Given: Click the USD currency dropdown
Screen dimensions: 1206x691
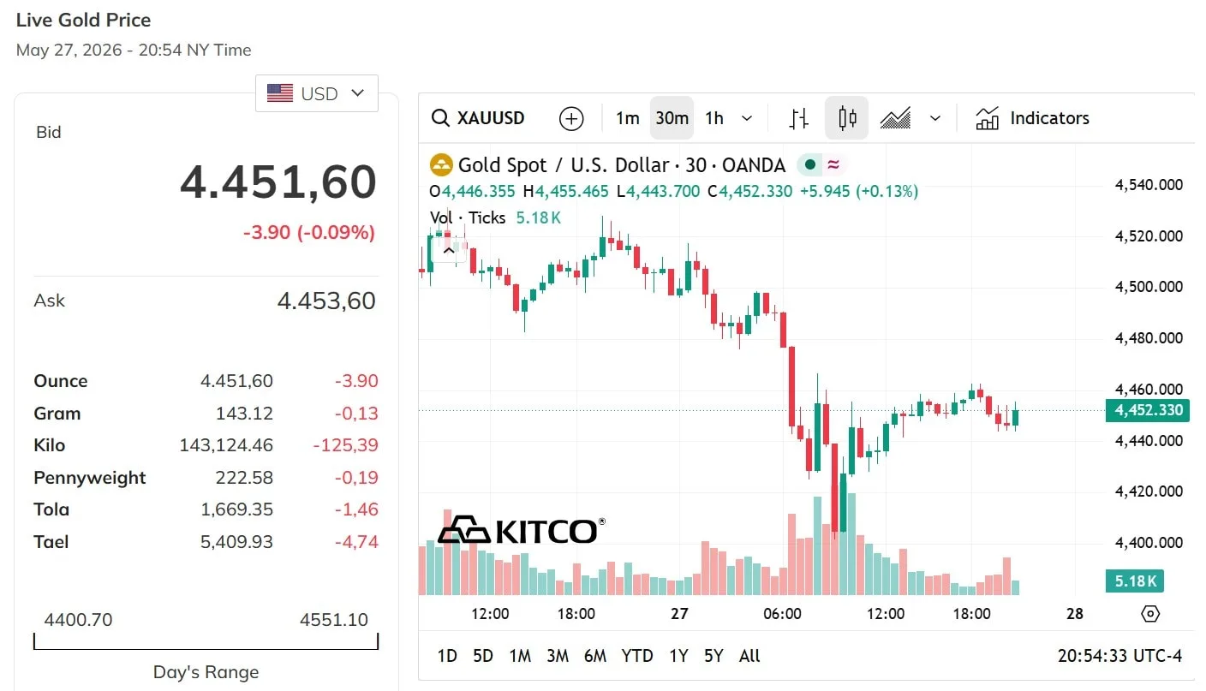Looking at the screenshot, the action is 317,93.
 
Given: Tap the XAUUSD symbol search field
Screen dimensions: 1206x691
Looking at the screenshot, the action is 478,118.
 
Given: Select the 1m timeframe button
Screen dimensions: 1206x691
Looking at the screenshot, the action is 627,118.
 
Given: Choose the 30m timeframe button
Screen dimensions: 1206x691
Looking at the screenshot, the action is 672,118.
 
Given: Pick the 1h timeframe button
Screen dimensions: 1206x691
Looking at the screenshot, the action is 714,118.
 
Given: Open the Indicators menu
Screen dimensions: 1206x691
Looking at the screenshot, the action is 1033,118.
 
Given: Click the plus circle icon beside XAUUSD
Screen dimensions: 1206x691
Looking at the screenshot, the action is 571,118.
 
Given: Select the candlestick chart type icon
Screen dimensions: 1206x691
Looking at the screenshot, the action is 847,118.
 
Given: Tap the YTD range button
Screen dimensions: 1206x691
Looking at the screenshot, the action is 637,656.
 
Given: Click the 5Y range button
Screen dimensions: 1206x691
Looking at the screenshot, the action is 713,656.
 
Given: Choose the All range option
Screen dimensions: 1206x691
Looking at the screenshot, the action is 749,656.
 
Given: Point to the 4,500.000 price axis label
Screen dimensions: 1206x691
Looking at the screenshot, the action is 1149,286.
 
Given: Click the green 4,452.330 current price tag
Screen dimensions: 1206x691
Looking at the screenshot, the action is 1147,410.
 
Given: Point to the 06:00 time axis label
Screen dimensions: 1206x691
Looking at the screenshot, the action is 782,613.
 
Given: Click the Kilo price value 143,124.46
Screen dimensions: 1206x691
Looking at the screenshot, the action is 226,445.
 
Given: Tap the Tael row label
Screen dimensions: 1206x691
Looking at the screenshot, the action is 51,541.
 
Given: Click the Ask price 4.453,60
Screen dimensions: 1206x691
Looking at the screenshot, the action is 326,301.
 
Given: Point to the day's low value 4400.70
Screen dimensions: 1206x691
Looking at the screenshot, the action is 78,619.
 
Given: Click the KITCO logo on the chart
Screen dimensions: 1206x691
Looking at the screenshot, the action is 521,530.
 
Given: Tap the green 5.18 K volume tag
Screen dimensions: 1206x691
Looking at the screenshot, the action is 1135,581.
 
